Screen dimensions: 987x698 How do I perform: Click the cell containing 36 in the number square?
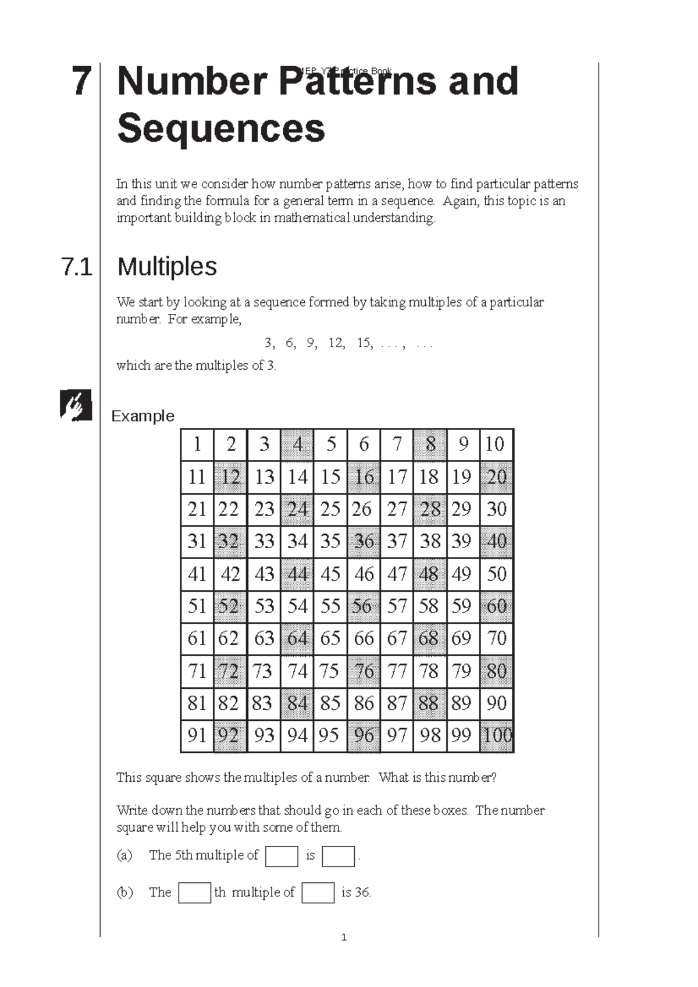point(364,542)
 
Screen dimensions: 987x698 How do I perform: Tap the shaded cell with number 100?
point(497,736)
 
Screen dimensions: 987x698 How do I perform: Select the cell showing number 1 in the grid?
point(197,445)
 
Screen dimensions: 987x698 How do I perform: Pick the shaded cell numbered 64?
point(297,639)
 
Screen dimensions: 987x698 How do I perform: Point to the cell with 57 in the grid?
point(397,606)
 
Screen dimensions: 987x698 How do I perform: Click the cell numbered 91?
point(197,736)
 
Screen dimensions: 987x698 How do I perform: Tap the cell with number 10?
point(496,445)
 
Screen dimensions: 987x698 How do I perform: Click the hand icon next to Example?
point(76,405)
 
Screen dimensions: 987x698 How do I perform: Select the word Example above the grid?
point(143,416)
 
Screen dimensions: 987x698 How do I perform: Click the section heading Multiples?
point(167,267)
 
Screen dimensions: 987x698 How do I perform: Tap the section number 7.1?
point(77,267)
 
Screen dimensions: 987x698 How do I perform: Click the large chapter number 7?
point(81,81)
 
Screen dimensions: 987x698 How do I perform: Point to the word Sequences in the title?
point(221,129)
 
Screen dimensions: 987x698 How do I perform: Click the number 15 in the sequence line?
point(364,343)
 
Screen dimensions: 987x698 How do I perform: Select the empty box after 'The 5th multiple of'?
point(282,856)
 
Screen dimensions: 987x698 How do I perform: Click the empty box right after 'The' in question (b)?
point(194,893)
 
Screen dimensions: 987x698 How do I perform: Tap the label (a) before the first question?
point(124,855)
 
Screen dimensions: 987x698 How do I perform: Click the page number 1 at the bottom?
point(344,938)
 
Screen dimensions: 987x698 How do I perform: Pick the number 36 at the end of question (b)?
point(362,892)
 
